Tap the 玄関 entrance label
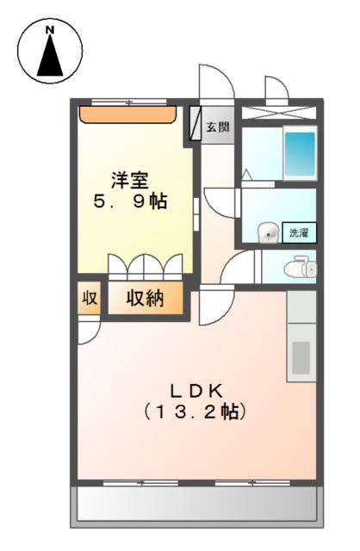pyautogui.click(x=218, y=128)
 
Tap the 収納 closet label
pyautogui.click(x=146, y=299)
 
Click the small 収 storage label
pyautogui.click(x=89, y=299)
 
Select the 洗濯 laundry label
pyautogui.click(x=299, y=232)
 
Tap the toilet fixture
pyautogui.click(x=302, y=268)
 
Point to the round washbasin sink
pyautogui.click(x=269, y=232)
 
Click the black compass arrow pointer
pyautogui.click(x=49, y=56)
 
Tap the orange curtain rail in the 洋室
pyautogui.click(x=128, y=113)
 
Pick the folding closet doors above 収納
pyautogui.click(x=146, y=264)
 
